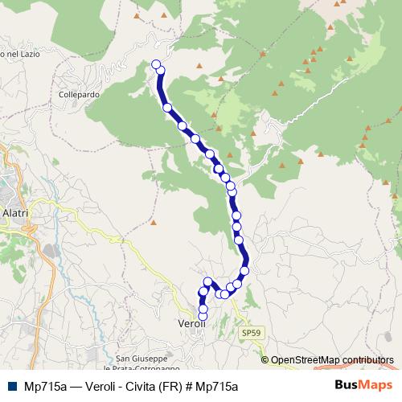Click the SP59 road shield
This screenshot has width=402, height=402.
(x=252, y=331)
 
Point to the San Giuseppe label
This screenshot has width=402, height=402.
(x=142, y=358)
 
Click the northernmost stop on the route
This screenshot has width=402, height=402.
(x=156, y=64)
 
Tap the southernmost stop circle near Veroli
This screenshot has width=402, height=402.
(x=203, y=317)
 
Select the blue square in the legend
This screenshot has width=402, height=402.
(x=11, y=385)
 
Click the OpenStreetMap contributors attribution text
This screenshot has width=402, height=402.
(x=332, y=360)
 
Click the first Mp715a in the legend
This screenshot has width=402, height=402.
(x=45, y=385)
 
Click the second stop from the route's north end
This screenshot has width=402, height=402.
(x=160, y=71)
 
